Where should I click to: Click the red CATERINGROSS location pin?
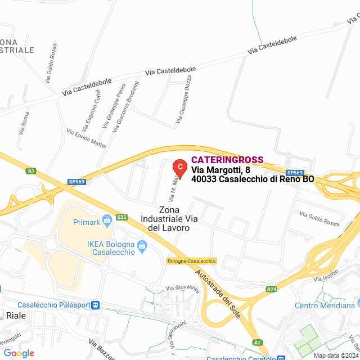point(179,168)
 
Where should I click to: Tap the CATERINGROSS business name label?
point(227,160)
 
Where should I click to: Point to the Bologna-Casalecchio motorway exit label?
point(191,261)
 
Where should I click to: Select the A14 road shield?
point(272,289)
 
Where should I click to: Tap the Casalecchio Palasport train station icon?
point(96,305)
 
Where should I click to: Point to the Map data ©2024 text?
point(336,355)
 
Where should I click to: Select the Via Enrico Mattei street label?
point(86,138)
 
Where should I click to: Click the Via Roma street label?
point(24,123)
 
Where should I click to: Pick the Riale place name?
point(16,316)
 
